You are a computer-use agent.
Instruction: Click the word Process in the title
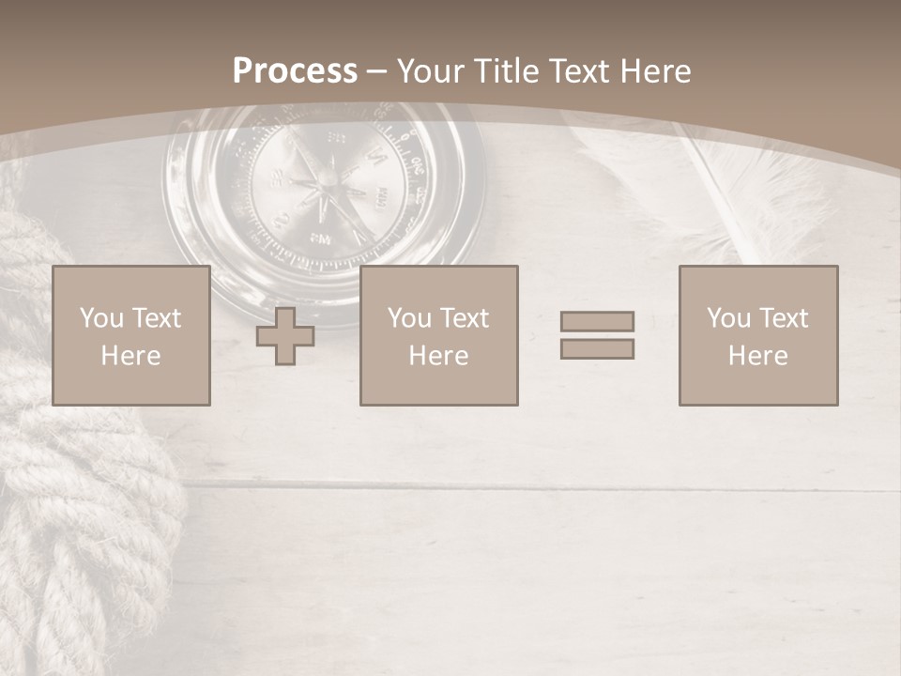(295, 71)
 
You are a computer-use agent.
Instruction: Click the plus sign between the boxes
(285, 336)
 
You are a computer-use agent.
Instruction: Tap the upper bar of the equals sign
(597, 322)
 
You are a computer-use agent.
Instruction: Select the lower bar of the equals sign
(597, 349)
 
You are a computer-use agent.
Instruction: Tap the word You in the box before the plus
(101, 318)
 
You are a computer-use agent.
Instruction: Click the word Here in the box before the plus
(130, 356)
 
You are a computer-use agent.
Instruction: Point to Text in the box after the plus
(465, 318)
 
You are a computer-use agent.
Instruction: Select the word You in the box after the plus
(409, 318)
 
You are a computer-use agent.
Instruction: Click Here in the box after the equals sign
(757, 356)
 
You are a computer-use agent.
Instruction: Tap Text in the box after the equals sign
(784, 318)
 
